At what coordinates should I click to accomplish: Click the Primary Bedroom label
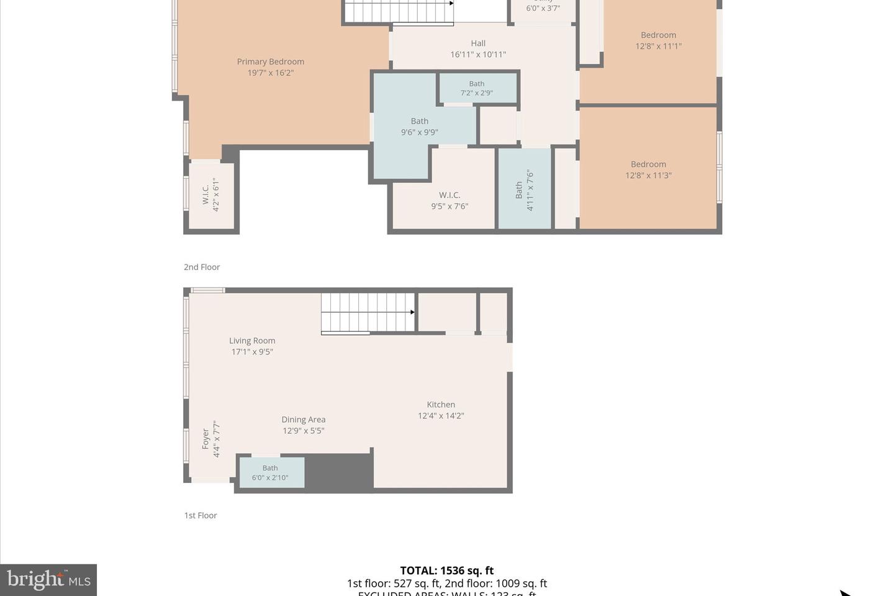click(270, 62)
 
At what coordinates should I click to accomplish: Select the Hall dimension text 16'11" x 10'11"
click(477, 55)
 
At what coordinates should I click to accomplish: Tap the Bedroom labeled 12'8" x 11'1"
click(658, 40)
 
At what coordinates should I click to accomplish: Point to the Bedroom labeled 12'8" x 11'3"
click(648, 169)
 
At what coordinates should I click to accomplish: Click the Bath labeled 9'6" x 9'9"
click(419, 127)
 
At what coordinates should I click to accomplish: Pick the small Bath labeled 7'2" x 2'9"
click(476, 88)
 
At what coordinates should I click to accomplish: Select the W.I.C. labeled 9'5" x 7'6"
click(449, 201)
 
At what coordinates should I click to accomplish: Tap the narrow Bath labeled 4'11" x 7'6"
click(524, 190)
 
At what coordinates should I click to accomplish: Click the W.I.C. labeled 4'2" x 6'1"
click(210, 195)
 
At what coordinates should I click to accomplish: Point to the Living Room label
click(252, 341)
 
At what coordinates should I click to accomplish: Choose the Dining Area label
click(303, 420)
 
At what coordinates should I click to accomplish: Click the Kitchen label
click(441, 405)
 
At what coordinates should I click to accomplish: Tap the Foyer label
click(205, 439)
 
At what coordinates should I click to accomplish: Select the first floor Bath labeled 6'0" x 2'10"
click(270, 472)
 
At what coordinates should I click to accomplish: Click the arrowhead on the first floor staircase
click(412, 312)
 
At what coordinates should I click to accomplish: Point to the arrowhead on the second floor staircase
click(451, 3)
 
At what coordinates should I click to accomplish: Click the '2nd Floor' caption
click(202, 267)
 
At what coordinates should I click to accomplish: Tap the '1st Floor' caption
click(201, 515)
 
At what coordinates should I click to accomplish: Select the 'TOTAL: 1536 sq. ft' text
click(446, 571)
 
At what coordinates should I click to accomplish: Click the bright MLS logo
click(48, 580)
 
